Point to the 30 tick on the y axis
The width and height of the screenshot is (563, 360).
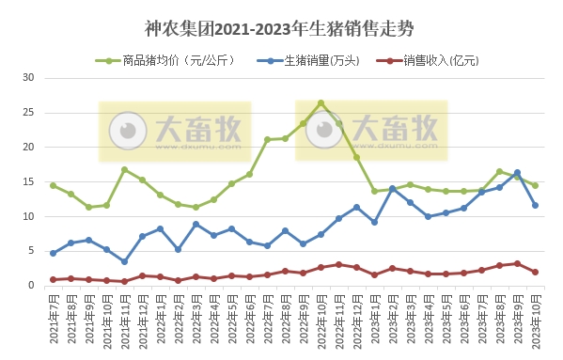coord(28,78)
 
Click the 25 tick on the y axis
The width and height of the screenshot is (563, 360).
coord(28,113)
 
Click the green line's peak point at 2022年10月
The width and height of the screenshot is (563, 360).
coord(321,103)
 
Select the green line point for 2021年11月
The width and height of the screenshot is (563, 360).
coord(124,169)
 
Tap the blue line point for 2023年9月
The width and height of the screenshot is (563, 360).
coord(517,172)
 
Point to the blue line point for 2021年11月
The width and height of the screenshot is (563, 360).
coord(124,262)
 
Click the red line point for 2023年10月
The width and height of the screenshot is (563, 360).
coord(535,273)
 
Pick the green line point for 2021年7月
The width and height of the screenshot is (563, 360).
coord(53,185)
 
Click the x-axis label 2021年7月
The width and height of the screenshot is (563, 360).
coord(54,320)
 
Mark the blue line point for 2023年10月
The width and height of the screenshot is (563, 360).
coord(535,205)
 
